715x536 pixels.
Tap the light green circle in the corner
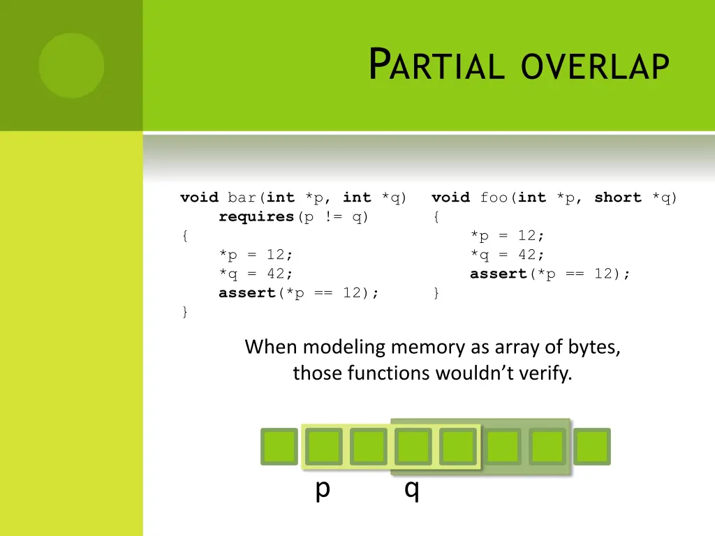coord(71,66)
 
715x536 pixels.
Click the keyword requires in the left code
coord(256,216)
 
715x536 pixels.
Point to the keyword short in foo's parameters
coord(617,198)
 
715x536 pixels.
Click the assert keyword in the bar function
coord(247,292)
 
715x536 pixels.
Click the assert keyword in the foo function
coord(499,274)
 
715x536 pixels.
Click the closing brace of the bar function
coord(184,312)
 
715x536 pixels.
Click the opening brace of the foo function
coord(436,217)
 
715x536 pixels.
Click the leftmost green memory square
coord(279,447)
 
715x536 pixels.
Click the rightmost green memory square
coord(592,447)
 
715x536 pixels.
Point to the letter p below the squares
coord(322,489)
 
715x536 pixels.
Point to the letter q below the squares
coord(412,490)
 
